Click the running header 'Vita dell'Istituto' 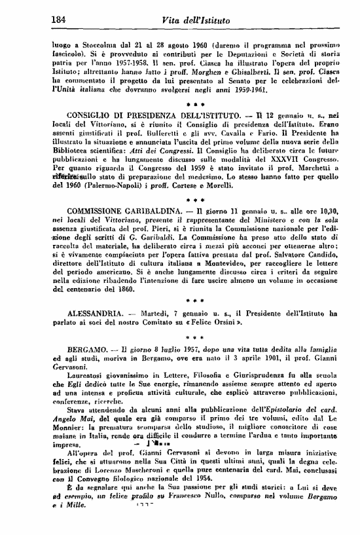(196, 22)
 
